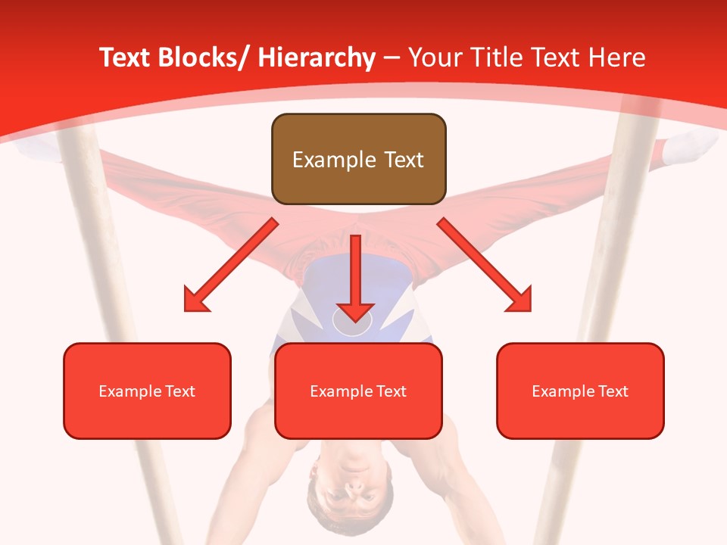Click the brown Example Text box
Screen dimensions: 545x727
point(358,159)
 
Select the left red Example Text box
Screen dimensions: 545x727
point(147,391)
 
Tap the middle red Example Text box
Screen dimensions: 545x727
point(358,391)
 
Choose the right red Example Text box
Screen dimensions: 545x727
point(580,391)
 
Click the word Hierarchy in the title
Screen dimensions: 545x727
point(317,58)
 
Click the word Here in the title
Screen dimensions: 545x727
point(618,58)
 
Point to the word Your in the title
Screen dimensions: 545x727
point(434,58)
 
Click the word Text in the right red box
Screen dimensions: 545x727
point(613,391)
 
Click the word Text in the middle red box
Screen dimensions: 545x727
point(391,391)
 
